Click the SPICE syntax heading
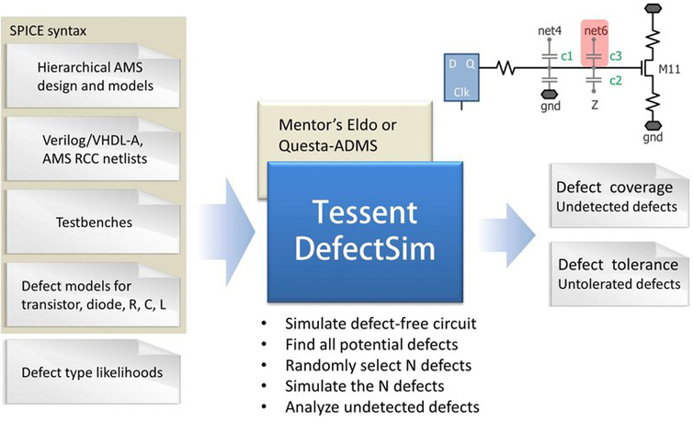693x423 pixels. click(48, 31)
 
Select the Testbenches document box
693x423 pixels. click(93, 222)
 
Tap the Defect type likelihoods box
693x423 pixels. click(93, 372)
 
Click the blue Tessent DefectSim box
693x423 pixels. click(365, 232)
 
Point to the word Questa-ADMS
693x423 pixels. click(327, 145)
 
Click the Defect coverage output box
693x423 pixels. click(619, 195)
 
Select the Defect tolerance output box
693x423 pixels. click(619, 274)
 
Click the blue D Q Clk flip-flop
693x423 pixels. click(461, 77)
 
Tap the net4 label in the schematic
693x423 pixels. click(550, 30)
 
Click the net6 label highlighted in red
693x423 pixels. click(596, 30)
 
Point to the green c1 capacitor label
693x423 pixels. click(566, 56)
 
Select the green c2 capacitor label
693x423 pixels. click(616, 80)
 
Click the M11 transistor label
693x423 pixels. click(669, 69)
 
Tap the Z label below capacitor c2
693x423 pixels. click(595, 105)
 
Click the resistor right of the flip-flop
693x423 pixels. click(506, 68)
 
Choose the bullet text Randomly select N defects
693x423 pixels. click(379, 366)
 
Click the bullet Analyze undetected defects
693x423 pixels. click(382, 406)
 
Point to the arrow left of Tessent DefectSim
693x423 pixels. click(227, 231)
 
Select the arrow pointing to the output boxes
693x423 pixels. click(507, 234)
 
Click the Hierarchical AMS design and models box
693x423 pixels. click(93, 76)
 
